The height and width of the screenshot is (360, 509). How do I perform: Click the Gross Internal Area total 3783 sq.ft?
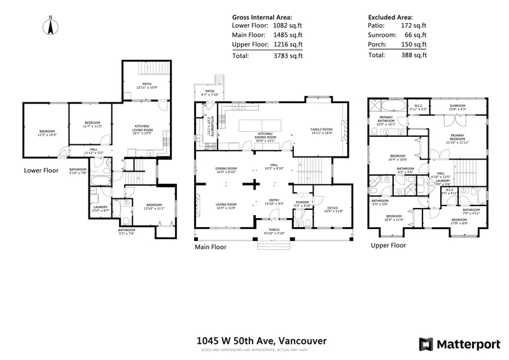287,55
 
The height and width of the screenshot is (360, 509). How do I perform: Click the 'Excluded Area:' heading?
390,18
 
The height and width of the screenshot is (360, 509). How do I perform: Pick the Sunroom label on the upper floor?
458,107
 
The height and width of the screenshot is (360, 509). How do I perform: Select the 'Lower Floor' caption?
41,170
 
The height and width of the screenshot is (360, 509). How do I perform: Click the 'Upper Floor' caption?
389,245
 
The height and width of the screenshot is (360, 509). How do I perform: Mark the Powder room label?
302,203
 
